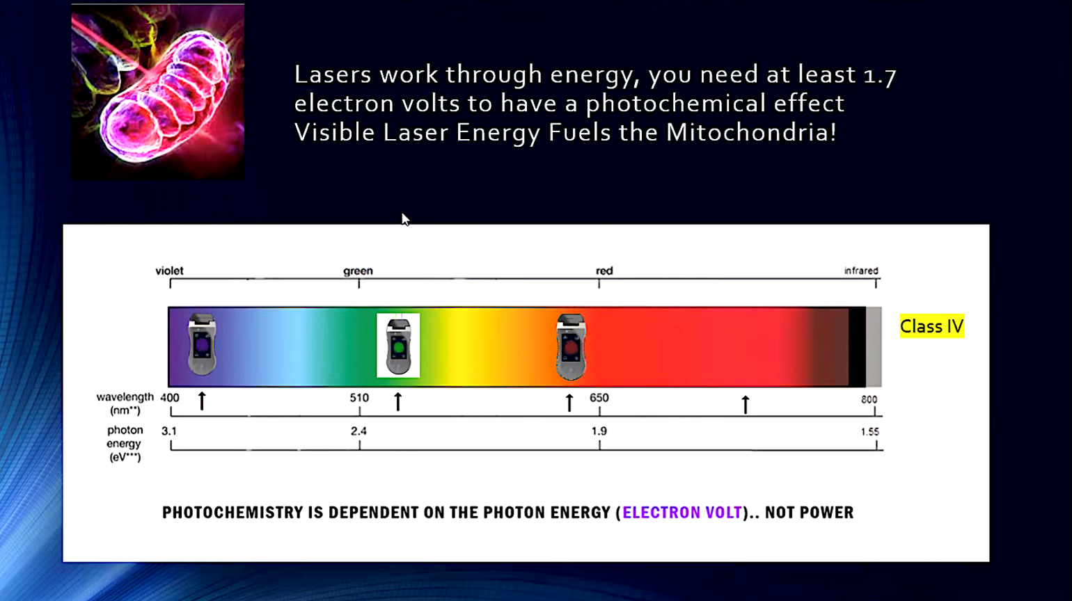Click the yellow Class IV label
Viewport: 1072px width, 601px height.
point(931,326)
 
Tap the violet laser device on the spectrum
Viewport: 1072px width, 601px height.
point(202,344)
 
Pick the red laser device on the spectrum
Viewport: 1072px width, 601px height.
point(571,346)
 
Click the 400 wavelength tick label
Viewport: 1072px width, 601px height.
point(169,398)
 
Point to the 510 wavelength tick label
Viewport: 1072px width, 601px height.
point(359,398)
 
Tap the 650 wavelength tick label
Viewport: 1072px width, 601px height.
point(599,398)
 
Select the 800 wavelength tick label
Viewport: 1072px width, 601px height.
point(869,399)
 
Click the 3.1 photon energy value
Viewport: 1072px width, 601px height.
point(169,431)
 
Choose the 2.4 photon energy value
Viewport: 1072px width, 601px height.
point(358,431)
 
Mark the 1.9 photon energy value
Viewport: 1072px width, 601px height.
point(599,431)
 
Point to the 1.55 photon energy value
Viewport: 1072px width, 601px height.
point(870,432)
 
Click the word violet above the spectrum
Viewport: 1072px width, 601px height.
point(169,271)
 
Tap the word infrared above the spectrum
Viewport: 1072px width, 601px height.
point(861,271)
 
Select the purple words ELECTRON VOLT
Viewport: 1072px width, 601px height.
point(682,513)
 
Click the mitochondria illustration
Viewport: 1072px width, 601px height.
point(158,92)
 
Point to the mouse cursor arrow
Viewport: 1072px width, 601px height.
point(405,219)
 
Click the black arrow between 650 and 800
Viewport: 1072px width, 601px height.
point(745,404)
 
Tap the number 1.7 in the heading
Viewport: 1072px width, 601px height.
point(880,76)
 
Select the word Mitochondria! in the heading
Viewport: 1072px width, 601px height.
point(751,132)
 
